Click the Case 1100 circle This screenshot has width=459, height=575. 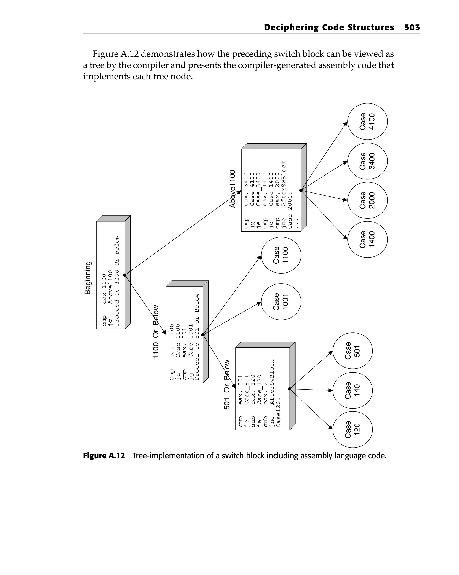(x=281, y=255)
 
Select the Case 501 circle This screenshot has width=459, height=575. (x=353, y=351)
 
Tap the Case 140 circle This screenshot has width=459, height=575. (x=353, y=390)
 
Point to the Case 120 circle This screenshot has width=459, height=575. (x=353, y=429)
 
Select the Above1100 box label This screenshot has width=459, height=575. (x=232, y=189)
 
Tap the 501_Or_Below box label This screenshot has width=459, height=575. (x=227, y=384)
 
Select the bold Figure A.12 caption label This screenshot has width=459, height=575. (x=104, y=456)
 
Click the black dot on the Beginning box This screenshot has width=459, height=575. (x=125, y=275)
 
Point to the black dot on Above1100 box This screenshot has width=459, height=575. (x=301, y=190)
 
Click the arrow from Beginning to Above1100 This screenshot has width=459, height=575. (x=183, y=233)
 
